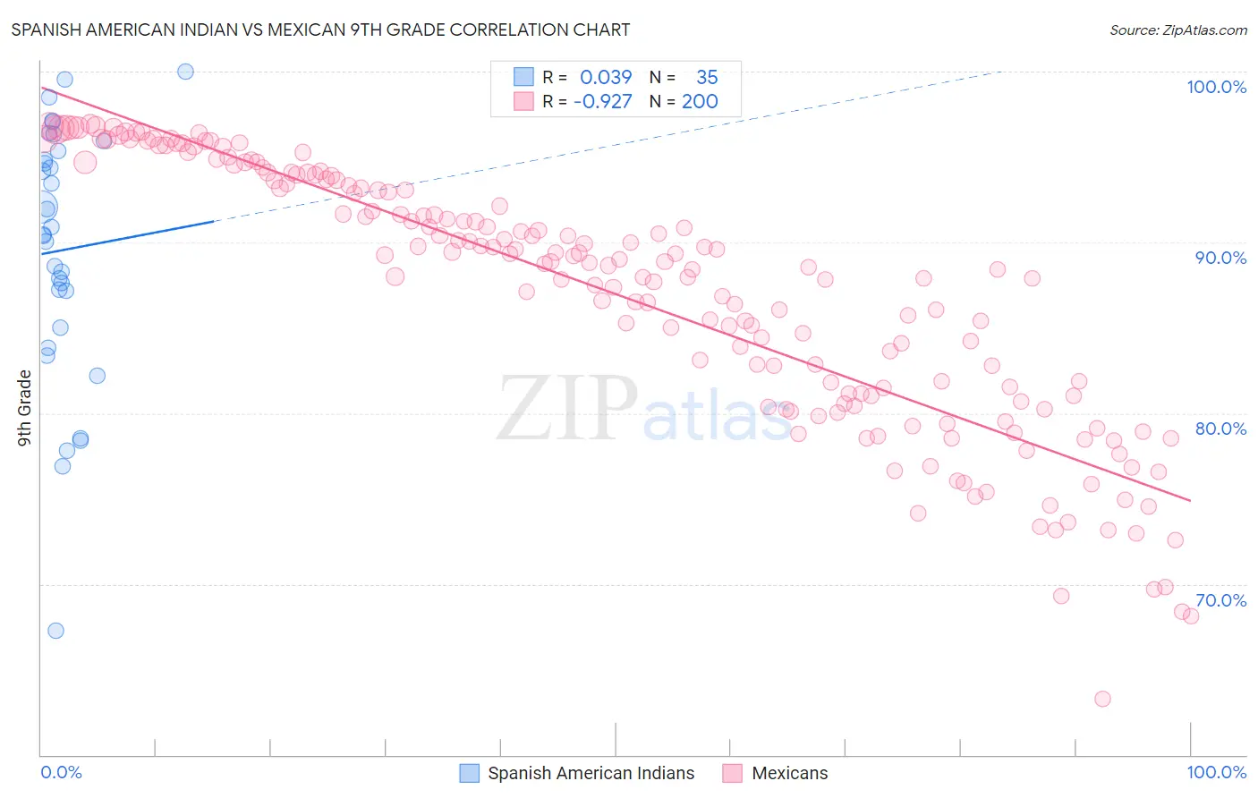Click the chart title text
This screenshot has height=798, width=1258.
[x=320, y=30]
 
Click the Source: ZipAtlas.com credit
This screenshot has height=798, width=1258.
[x=1177, y=30]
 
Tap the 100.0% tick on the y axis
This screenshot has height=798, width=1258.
[x=1216, y=87]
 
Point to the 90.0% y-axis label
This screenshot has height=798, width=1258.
[x=1220, y=258]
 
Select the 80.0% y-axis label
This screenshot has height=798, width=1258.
[x=1220, y=429]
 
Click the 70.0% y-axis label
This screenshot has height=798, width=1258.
[x=1220, y=600]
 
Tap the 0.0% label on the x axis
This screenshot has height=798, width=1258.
[x=61, y=772]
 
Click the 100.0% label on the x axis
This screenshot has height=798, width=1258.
[x=1216, y=772]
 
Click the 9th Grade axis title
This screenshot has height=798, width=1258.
[x=24, y=408]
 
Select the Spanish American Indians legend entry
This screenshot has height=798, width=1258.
[x=591, y=773]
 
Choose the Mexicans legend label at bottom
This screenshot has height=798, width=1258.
[x=789, y=773]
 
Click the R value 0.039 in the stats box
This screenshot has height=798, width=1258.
[x=606, y=78]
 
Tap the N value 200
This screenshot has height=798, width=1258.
[x=700, y=102]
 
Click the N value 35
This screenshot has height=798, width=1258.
[x=707, y=78]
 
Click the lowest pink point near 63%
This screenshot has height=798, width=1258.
[x=1102, y=699]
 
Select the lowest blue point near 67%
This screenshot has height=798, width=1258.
[x=55, y=631]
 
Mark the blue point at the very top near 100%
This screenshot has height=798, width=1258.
[x=185, y=72]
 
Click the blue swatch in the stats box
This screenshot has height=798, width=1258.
[x=523, y=77]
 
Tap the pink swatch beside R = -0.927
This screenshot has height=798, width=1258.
[x=523, y=101]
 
